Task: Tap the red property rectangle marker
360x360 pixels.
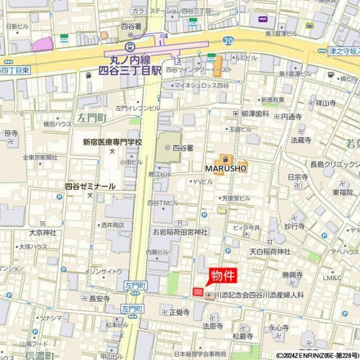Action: pos(198,292)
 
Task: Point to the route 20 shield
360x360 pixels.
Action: pos(227,40)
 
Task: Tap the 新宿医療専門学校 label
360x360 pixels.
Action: pos(113,142)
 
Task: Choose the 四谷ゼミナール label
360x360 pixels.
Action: pos(90,187)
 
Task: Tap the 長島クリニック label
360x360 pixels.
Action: pos(332,164)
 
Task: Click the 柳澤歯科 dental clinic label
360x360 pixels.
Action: pos(256,113)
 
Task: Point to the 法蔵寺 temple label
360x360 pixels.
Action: pos(301,140)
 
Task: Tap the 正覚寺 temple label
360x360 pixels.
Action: pos(179,312)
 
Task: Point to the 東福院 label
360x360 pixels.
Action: pos(343,192)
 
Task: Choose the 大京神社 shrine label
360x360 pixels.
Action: pos(42,232)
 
